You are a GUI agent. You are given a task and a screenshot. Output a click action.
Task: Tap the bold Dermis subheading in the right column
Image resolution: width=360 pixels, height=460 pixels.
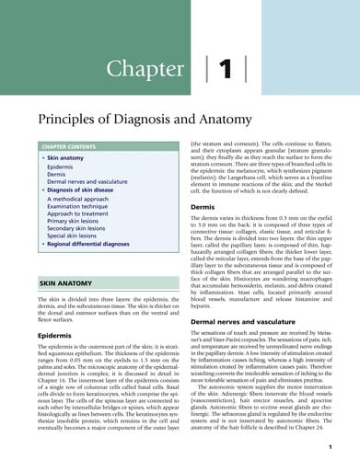coord(203,208)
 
